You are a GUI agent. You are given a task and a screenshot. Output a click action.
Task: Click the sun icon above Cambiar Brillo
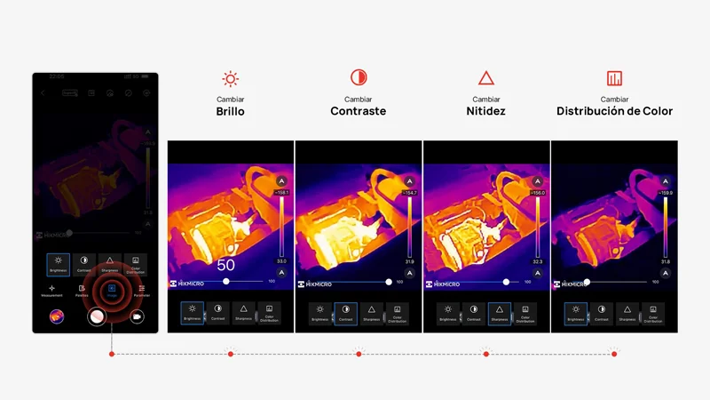pos(231,78)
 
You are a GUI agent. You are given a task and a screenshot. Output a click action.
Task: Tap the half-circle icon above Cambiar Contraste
pos(359,78)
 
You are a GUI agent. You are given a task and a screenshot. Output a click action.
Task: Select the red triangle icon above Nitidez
pos(486,78)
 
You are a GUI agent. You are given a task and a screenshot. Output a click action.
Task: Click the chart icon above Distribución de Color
pos(614,78)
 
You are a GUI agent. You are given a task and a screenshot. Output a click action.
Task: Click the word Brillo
pos(231,112)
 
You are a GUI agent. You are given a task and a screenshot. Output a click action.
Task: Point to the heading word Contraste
pos(359,112)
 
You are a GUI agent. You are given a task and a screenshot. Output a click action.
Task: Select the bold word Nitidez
pos(486,112)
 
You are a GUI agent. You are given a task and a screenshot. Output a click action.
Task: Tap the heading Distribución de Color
pos(614,112)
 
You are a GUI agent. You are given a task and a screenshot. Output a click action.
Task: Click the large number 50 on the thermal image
pos(225,265)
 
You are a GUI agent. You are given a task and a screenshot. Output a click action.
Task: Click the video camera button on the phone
pos(138,316)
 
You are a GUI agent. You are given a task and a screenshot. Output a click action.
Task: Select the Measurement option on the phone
pos(51,290)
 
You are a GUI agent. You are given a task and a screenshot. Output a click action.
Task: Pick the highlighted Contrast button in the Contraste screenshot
pos(345,313)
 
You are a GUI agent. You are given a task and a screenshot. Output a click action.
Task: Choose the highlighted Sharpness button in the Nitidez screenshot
pos(499,313)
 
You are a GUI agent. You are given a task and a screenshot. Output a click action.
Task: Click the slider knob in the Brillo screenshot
pos(226,281)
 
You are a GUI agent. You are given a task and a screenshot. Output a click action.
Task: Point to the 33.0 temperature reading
pos(282,261)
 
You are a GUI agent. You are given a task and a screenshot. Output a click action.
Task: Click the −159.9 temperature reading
pos(666,192)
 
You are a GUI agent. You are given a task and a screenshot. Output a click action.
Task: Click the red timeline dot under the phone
pos(112,354)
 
